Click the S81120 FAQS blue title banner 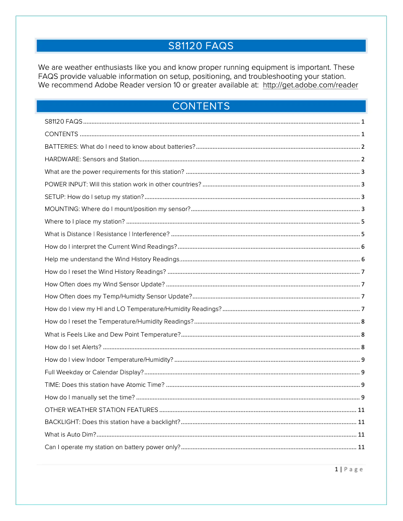pyautogui.click(x=201, y=46)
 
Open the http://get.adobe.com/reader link pyautogui.click(x=310, y=85)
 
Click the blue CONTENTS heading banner pyautogui.click(x=201, y=106)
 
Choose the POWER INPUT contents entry pyautogui.click(x=123, y=184)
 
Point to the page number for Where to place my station pyautogui.click(x=362, y=222)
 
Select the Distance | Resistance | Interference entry pyautogui.click(x=107, y=234)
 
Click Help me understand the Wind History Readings pyautogui.click(x=112, y=259)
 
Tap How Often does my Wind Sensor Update pyautogui.click(x=105, y=284)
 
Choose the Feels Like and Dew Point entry pyautogui.click(x=113, y=334)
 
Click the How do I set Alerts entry pyautogui.click(x=73, y=347)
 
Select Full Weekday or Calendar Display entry pyautogui.click(x=94, y=372)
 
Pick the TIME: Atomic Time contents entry pyautogui.click(x=104, y=384)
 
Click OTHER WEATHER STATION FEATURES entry pyautogui.click(x=101, y=409)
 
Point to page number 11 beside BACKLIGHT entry pyautogui.click(x=361, y=422)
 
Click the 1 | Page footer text pyautogui.click(x=348, y=469)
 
